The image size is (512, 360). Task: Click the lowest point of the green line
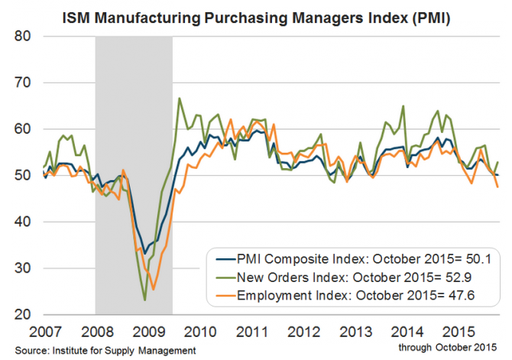pyautogui.click(x=144, y=300)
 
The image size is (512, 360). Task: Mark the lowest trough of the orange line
pyautogui.click(x=154, y=290)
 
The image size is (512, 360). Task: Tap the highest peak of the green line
pyautogui.click(x=179, y=98)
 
